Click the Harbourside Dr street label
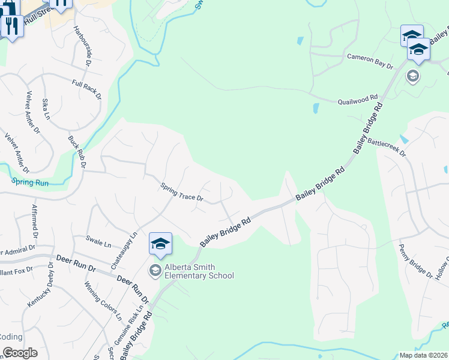pos(82,44)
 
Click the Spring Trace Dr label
pos(182,193)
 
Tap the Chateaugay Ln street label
pos(124,251)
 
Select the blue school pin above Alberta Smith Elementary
pos(160,244)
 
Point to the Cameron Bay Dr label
pos(369,61)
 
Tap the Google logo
pos(20,353)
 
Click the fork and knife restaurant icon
pos(12,25)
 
